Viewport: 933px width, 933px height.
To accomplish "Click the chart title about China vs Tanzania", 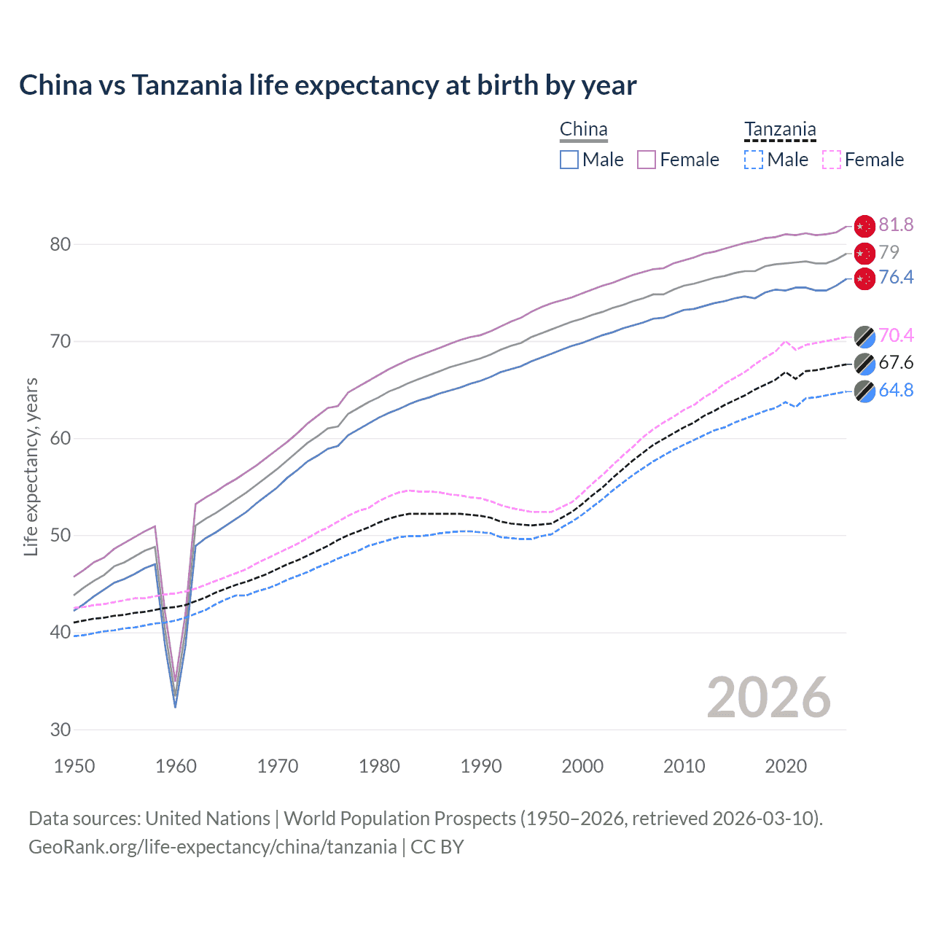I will pyautogui.click(x=327, y=85).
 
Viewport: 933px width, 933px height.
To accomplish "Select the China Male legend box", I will pyautogui.click(x=569, y=160).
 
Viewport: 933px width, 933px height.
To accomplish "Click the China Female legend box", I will pyautogui.click(x=647, y=160).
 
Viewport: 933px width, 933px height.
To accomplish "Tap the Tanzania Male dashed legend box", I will pyautogui.click(x=754, y=160).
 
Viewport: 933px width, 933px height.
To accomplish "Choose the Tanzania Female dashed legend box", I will pyautogui.click(x=832, y=160).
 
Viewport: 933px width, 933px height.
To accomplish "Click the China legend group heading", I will pyautogui.click(x=583, y=130).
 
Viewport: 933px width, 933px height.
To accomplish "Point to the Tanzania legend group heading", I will pyautogui.click(x=780, y=130).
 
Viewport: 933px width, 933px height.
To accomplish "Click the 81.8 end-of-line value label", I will pyautogui.click(x=896, y=225).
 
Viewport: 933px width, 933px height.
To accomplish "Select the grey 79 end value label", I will pyautogui.click(x=889, y=252).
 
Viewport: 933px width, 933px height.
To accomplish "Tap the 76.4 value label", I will pyautogui.click(x=896, y=278).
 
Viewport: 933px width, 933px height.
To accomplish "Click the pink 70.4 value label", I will pyautogui.click(x=896, y=335).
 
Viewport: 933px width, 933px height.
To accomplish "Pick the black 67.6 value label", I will pyautogui.click(x=896, y=363).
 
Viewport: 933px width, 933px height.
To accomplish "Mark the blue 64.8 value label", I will pyautogui.click(x=896, y=391).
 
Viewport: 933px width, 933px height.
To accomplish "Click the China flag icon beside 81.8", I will pyautogui.click(x=864, y=227).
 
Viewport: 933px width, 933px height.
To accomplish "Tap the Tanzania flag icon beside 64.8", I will pyautogui.click(x=864, y=391).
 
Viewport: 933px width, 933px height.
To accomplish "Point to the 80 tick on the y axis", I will pyautogui.click(x=60, y=244).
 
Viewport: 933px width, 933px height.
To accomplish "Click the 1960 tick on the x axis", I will pyautogui.click(x=176, y=766).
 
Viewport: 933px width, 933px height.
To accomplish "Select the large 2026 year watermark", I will pyautogui.click(x=768, y=698).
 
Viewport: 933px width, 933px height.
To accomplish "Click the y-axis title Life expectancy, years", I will pyautogui.click(x=31, y=466).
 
